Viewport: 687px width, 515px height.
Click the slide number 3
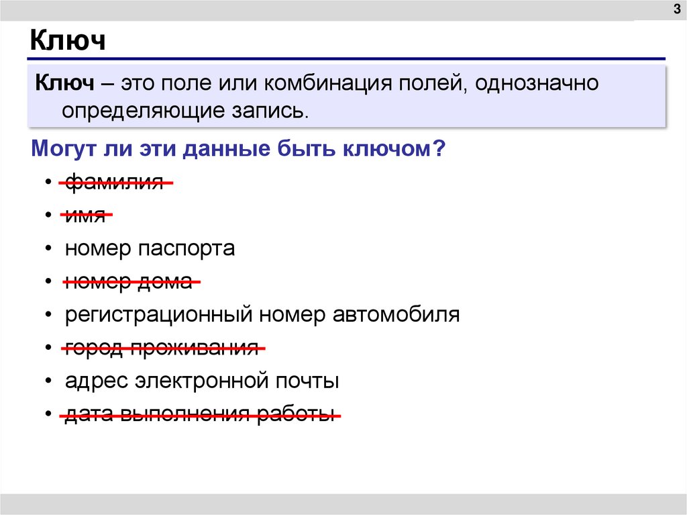[674, 8]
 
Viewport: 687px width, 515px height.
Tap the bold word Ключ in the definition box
[64, 83]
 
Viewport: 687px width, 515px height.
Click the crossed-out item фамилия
[115, 182]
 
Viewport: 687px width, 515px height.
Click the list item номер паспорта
[150, 249]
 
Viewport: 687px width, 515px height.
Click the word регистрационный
[158, 316]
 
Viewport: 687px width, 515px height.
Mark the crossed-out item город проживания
[162, 348]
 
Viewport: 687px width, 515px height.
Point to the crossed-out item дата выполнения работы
[199, 415]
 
